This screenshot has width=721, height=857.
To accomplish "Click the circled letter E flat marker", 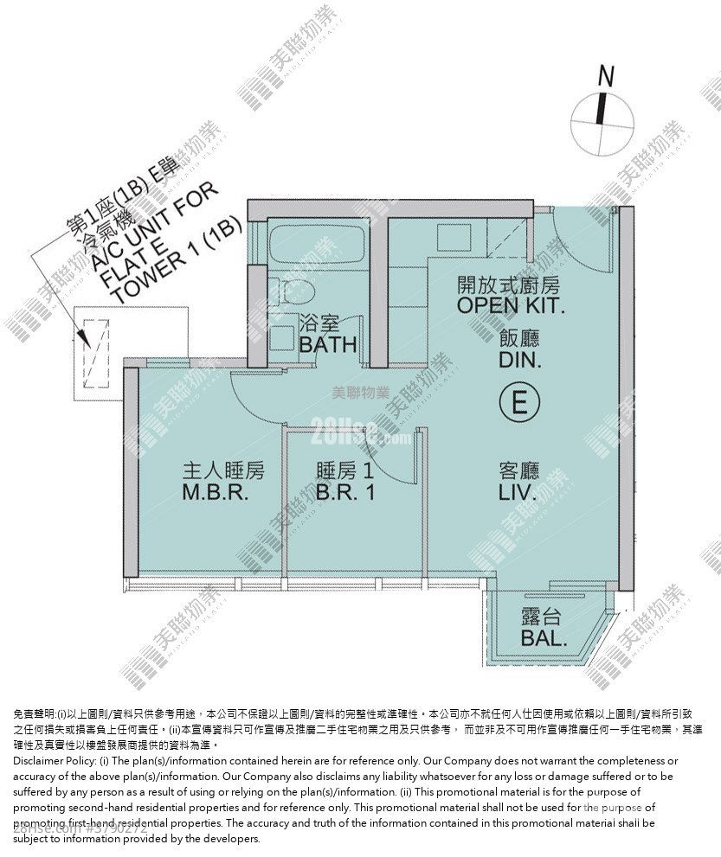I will (519, 402).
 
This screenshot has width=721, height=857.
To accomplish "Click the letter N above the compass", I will (606, 76).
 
